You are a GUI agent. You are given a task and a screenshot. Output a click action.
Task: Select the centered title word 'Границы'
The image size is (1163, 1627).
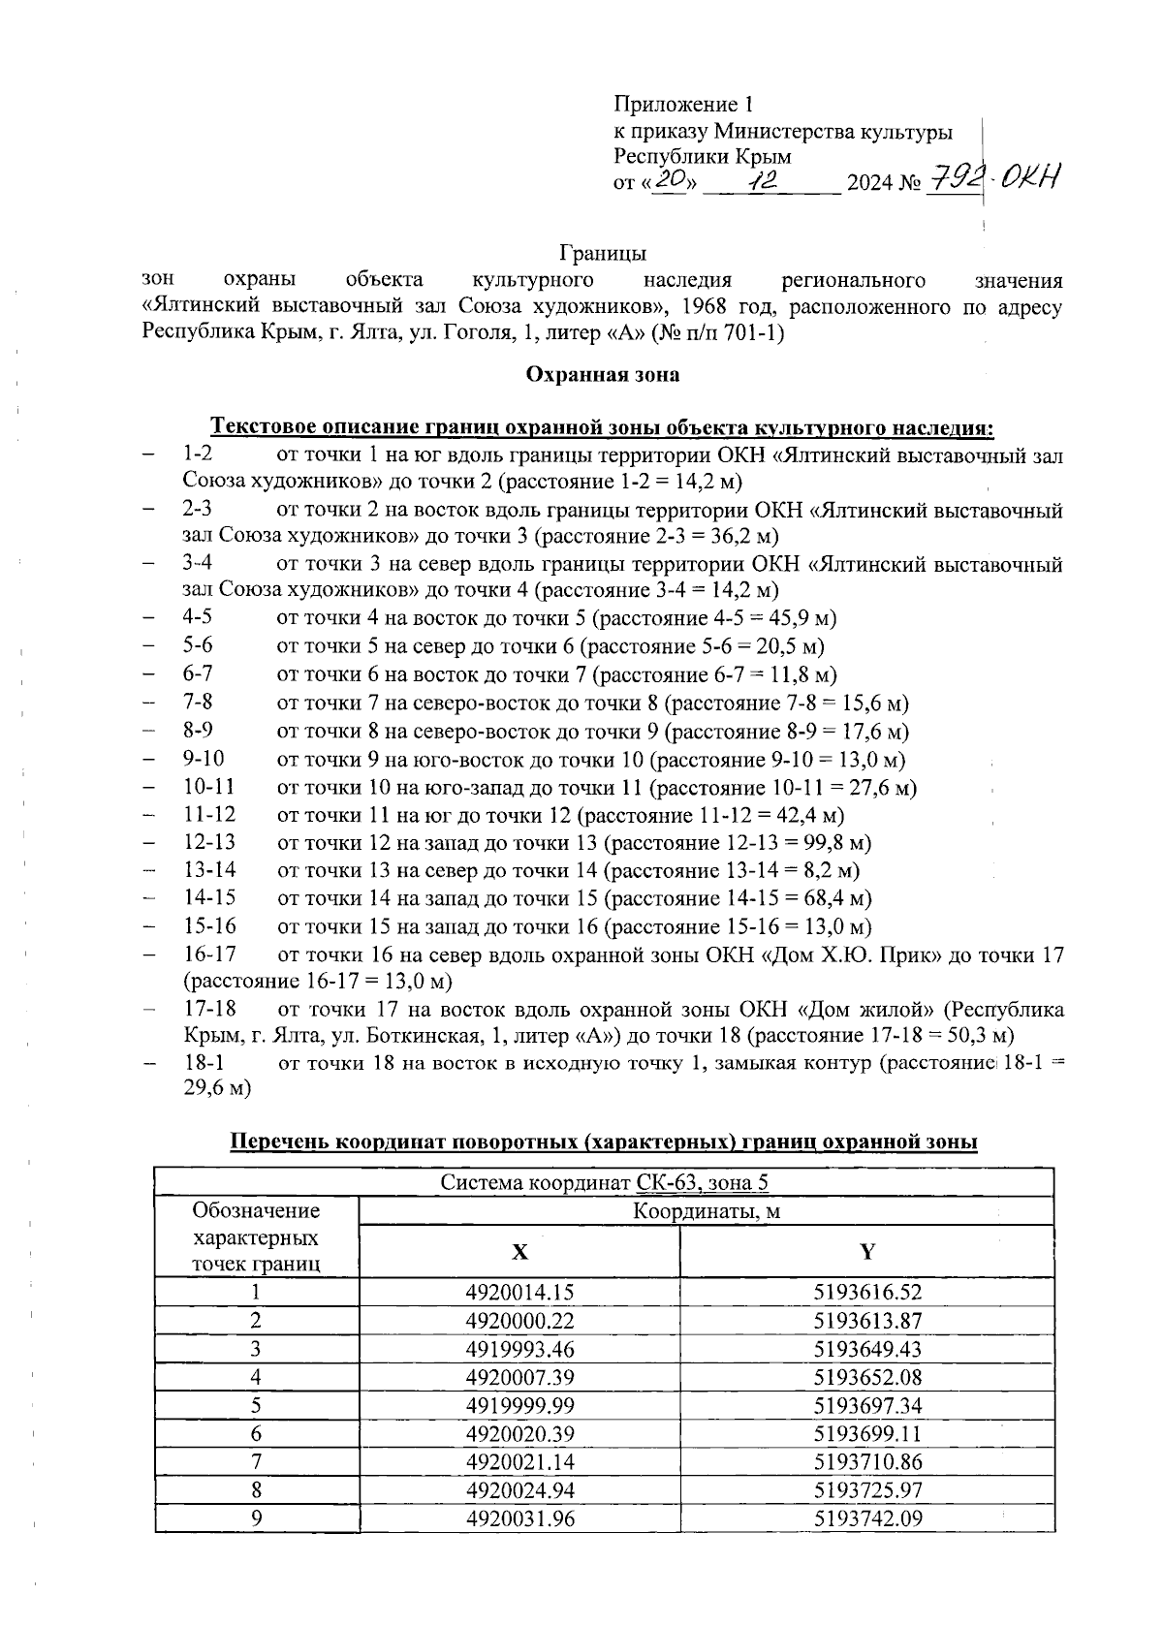pos(602,254)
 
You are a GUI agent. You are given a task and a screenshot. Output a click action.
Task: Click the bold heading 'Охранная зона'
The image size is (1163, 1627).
pos(602,374)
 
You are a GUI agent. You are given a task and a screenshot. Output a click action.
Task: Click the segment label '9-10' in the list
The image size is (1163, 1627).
pos(204,759)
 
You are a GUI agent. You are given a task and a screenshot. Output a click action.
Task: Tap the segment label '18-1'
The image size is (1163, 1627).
pos(204,1063)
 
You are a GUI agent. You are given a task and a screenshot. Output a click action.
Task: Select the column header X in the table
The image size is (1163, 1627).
pos(520,1252)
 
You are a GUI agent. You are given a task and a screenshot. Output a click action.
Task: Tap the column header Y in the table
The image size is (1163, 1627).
pos(867,1252)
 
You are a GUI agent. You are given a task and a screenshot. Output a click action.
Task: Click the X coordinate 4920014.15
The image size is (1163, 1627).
pos(520,1292)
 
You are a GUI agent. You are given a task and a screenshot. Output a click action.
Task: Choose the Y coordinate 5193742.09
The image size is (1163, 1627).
pos(867,1518)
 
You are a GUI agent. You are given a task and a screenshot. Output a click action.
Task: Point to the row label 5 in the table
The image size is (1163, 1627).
pos(256,1405)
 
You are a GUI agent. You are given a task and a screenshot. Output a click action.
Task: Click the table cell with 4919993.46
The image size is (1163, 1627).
pos(520,1349)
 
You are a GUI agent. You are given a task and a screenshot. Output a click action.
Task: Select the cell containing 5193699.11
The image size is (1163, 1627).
pos(867,1434)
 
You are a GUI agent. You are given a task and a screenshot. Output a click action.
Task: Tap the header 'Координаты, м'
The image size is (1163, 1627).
pos(707,1211)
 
